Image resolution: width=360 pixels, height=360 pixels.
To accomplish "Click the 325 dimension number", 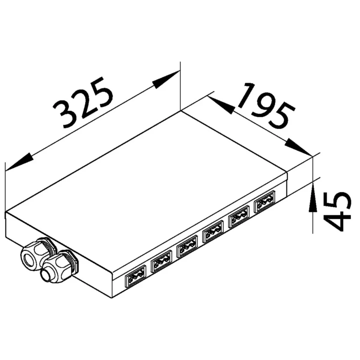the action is pyautogui.click(x=83, y=103).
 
